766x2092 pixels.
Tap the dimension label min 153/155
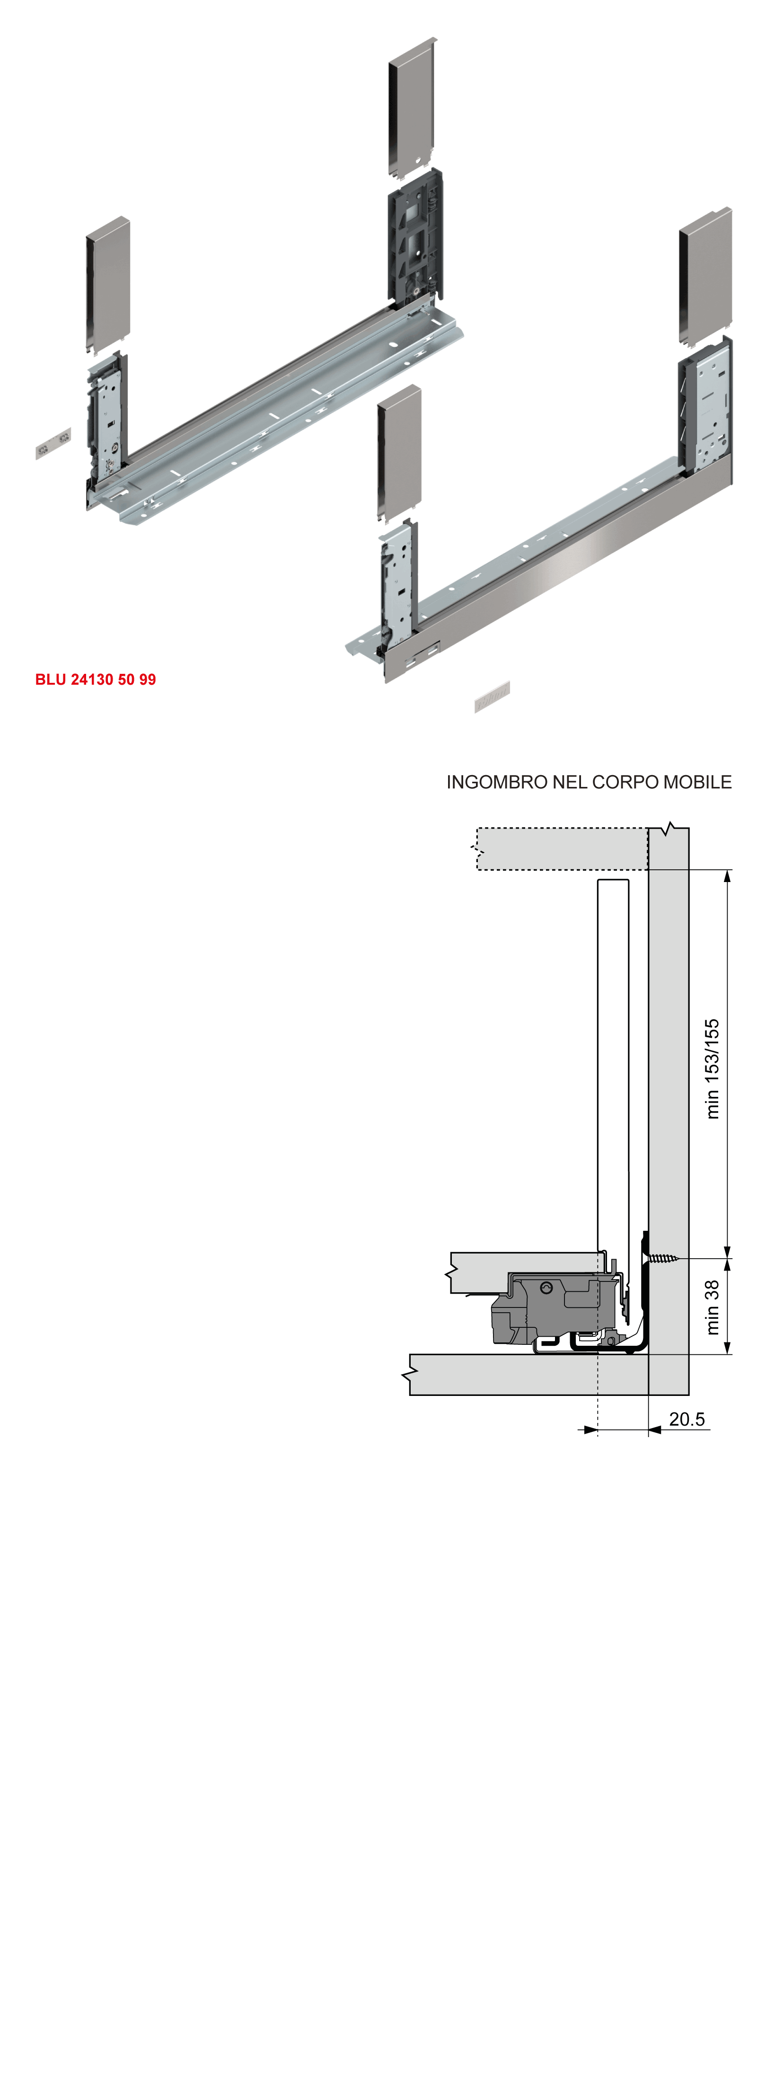pyautogui.click(x=712, y=1069)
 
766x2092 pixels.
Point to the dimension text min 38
pyautogui.click(x=712, y=1307)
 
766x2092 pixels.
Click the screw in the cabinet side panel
pyautogui.click(x=662, y=1259)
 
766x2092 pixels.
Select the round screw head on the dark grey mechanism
pyautogui.click(x=546, y=1288)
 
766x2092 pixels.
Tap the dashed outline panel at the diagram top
pyautogui.click(x=561, y=848)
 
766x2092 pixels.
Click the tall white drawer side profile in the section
pyautogui.click(x=613, y=1056)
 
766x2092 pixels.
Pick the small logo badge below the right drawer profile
pyautogui.click(x=492, y=697)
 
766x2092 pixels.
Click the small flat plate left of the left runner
pyautogui.click(x=53, y=443)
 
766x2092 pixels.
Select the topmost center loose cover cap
pyautogui.click(x=412, y=106)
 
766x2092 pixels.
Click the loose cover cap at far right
pyautogui.click(x=705, y=276)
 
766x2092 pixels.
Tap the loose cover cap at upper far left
pyautogui.click(x=108, y=284)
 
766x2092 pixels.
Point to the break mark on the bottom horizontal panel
pyautogui.click(x=410, y=1375)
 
